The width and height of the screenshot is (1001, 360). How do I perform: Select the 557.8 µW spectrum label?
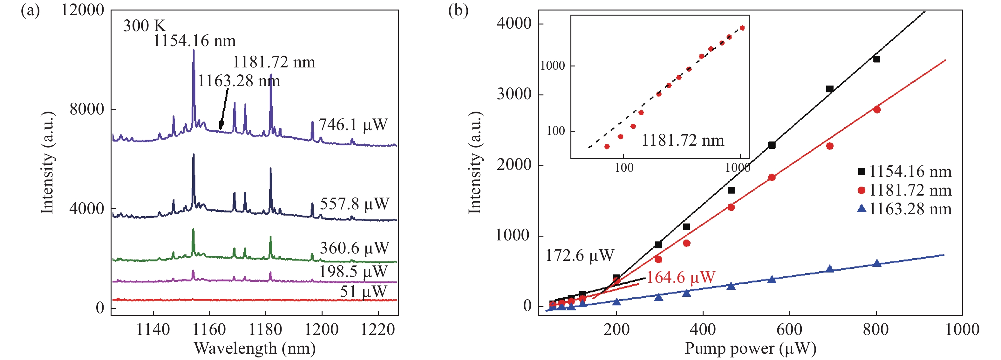click(x=354, y=204)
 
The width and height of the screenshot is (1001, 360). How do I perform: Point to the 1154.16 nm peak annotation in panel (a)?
click(x=194, y=41)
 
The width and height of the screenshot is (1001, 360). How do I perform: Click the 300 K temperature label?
click(x=144, y=26)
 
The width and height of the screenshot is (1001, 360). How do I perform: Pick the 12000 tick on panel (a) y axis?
click(x=82, y=10)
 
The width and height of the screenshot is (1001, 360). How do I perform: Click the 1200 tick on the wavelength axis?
click(x=321, y=330)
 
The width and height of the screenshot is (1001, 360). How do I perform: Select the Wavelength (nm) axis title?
click(x=255, y=348)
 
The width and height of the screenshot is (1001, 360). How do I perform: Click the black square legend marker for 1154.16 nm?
click(x=861, y=171)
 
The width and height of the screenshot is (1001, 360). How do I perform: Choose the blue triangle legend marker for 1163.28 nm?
click(x=861, y=209)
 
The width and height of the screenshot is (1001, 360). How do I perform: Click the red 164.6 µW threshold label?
click(x=680, y=277)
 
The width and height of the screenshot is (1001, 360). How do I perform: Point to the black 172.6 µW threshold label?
click(x=579, y=255)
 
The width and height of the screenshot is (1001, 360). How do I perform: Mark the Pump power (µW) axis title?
click(x=750, y=348)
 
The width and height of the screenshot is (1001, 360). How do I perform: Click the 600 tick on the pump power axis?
click(x=789, y=330)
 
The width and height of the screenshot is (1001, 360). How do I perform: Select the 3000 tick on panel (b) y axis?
click(x=514, y=94)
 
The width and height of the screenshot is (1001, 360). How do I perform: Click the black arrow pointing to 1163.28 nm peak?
click(x=223, y=109)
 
